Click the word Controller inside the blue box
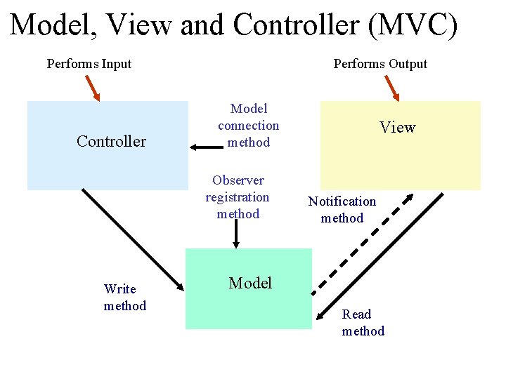pyautogui.click(x=111, y=141)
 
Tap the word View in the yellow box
pyautogui.click(x=398, y=127)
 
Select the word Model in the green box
pyautogui.click(x=250, y=283)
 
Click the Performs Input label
pyautogui.click(x=89, y=64)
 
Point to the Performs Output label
pyautogui.click(x=380, y=64)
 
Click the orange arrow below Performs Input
pyautogui.click(x=93, y=87)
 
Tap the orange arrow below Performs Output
pyautogui.click(x=391, y=87)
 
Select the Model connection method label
pyautogui.click(x=248, y=126)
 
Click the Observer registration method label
pyautogui.click(x=238, y=197)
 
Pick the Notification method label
pyautogui.click(x=342, y=210)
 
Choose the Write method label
pyautogui.click(x=124, y=298)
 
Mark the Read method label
pyautogui.click(x=363, y=323)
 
